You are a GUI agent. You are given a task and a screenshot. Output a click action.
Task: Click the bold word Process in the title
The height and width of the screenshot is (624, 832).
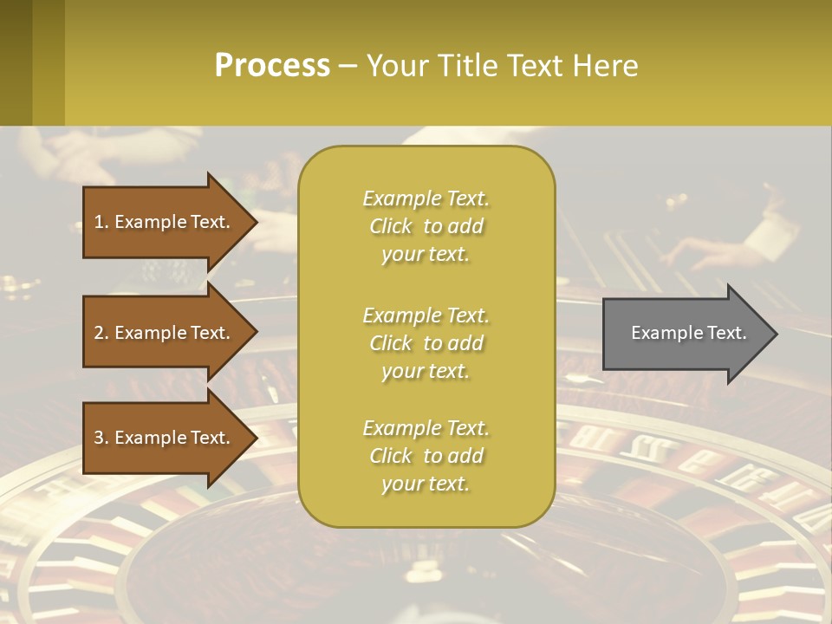pos(272,66)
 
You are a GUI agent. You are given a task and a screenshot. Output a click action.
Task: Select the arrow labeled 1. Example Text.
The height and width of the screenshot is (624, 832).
pos(165,222)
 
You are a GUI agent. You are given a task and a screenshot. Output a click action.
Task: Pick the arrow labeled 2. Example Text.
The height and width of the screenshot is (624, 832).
pos(165,333)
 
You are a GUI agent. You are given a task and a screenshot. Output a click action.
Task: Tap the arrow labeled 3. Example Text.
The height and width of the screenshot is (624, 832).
pos(165,438)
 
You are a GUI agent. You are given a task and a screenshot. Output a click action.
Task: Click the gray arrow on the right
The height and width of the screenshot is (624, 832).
pos(685,334)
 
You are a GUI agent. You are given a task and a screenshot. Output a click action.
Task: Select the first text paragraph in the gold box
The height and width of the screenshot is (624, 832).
pos(426,226)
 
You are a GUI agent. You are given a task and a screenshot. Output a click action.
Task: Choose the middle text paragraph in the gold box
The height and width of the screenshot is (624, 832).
pos(426,343)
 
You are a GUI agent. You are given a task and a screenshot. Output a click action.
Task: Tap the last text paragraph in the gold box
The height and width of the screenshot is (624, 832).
pos(426,456)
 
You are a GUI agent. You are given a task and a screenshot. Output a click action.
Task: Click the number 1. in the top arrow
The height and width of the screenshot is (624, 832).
pos(101,222)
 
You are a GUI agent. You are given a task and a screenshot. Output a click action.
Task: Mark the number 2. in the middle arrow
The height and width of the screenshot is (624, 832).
pos(101,333)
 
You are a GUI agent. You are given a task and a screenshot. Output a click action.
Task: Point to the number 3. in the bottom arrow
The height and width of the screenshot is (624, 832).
pos(101,438)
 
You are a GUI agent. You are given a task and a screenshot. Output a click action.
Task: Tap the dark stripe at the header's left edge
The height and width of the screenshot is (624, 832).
pos(16,62)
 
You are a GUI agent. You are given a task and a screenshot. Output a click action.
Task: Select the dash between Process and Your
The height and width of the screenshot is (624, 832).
pos(348,67)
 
